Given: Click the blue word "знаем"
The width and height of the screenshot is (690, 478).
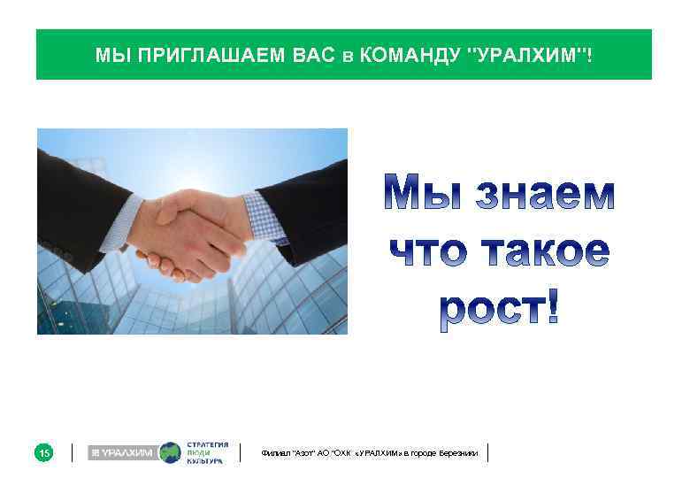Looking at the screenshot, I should [545, 194].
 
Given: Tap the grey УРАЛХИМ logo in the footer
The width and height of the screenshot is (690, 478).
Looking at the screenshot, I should [121, 453].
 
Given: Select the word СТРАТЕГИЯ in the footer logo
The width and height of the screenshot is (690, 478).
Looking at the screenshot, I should [208, 444].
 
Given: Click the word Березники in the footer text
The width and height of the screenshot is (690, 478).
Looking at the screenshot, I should [458, 453].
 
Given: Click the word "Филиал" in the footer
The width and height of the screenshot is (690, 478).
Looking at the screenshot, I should [273, 453].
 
